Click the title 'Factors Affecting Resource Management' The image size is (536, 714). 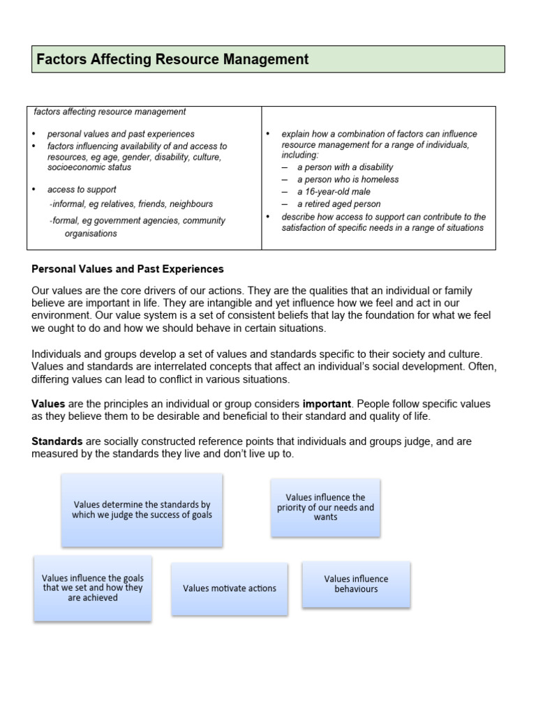172,60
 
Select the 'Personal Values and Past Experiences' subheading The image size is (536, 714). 128,268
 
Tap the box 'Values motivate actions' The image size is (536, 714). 229,588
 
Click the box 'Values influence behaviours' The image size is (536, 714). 356,584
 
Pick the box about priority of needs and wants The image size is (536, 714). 325,507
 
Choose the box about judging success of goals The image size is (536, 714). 142,510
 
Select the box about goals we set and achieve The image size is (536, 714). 92,588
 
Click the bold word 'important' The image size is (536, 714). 327,404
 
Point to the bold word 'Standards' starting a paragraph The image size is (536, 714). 57,441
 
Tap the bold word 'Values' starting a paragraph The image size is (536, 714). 48,404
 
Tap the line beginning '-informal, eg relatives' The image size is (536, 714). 131,204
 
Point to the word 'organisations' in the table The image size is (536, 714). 91,234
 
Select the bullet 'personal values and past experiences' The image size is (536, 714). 121,134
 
